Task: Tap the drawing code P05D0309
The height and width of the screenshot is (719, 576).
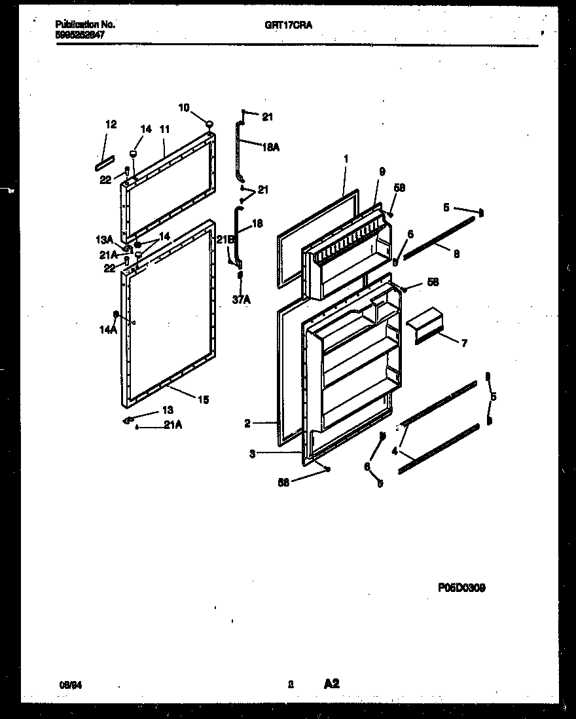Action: coord(461,588)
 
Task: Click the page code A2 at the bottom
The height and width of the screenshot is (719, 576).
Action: coord(331,684)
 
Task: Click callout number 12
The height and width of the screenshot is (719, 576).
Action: coord(111,124)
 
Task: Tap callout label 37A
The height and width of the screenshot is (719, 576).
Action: coord(242,300)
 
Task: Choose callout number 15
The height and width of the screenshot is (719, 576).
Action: coord(203,399)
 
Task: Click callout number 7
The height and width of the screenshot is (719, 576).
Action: coord(464,343)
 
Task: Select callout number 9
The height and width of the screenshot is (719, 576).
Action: coord(382,172)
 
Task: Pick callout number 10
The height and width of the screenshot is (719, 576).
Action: coord(184,107)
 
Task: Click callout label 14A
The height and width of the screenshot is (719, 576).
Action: coord(107,331)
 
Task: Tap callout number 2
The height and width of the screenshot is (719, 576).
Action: coord(247,424)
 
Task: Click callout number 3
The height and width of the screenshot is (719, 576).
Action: coord(253,452)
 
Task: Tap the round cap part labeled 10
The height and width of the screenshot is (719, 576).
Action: coord(209,123)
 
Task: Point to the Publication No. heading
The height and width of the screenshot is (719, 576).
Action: coord(86,25)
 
